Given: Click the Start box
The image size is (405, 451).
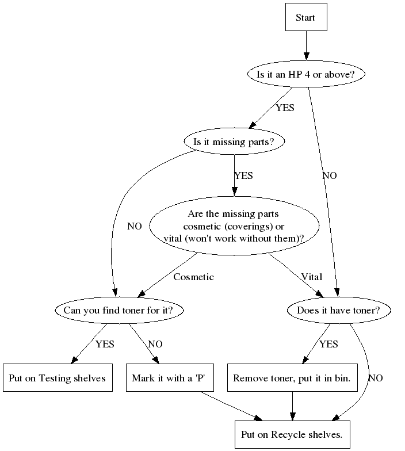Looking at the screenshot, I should [305, 17].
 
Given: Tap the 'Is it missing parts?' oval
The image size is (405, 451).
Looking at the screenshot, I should [234, 142].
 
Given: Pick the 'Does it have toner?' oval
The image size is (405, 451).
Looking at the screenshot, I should [339, 311].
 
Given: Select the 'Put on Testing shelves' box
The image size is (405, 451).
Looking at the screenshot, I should [57, 378].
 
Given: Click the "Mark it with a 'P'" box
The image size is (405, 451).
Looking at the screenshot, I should [170, 378].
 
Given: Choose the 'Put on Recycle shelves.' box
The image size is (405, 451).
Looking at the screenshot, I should [292, 434].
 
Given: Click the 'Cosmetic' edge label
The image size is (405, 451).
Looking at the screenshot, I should [193, 277].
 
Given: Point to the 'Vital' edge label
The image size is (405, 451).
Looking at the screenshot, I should [311, 277].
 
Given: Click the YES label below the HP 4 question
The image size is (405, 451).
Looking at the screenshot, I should [285, 108].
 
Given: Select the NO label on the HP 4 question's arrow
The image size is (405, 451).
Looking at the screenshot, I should [330, 175].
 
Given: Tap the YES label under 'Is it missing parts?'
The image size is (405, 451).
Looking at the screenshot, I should [243, 175].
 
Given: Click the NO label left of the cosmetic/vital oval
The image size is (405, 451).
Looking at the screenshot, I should [134, 226].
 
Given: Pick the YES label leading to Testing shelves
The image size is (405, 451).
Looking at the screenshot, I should [105, 345].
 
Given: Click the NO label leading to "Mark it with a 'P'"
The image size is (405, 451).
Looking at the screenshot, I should [155, 345].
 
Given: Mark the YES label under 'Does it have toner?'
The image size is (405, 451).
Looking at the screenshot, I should [328, 345].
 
